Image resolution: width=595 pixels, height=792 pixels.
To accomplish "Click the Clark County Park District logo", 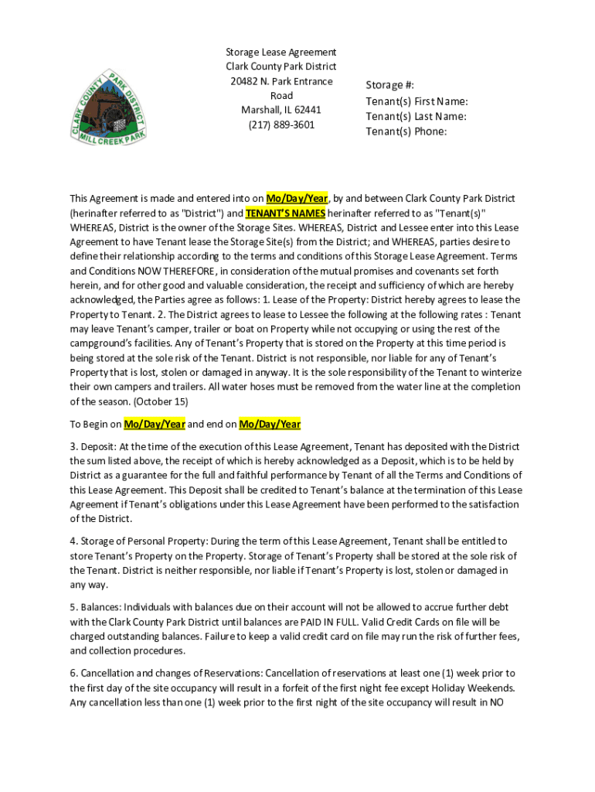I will (x=110, y=106).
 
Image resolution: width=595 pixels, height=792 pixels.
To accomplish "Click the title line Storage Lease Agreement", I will (x=280, y=52).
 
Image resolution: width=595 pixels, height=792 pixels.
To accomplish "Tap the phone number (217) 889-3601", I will (x=281, y=125).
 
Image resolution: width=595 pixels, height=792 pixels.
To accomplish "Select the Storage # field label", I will (x=390, y=86).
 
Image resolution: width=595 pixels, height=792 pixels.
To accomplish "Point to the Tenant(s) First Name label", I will (x=416, y=101).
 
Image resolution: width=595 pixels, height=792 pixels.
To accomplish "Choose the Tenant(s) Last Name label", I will (x=416, y=116).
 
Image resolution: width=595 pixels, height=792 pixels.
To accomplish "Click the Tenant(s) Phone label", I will (x=406, y=131).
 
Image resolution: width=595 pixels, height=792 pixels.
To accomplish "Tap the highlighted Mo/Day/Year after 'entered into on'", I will (x=297, y=199).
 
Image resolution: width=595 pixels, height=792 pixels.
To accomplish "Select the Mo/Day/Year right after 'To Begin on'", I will (x=155, y=424).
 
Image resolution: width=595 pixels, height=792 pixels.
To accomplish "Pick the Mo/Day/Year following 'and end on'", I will (x=270, y=424).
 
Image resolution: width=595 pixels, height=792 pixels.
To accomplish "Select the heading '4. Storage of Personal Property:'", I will (x=138, y=541).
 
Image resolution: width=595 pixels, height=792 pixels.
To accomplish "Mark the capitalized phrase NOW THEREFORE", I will (x=177, y=271).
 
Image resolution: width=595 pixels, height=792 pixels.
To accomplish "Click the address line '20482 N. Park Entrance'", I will (x=280, y=81).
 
